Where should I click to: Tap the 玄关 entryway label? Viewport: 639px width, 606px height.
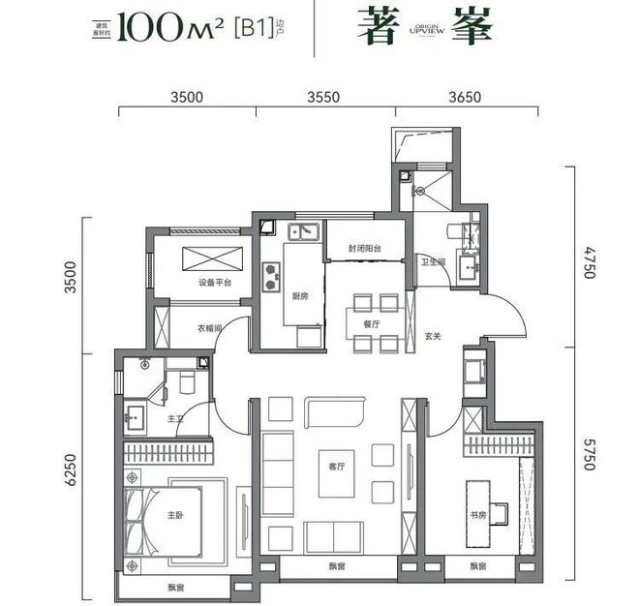433,338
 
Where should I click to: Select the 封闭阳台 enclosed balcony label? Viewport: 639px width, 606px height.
365,249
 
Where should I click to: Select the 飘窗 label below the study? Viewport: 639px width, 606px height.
478,567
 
